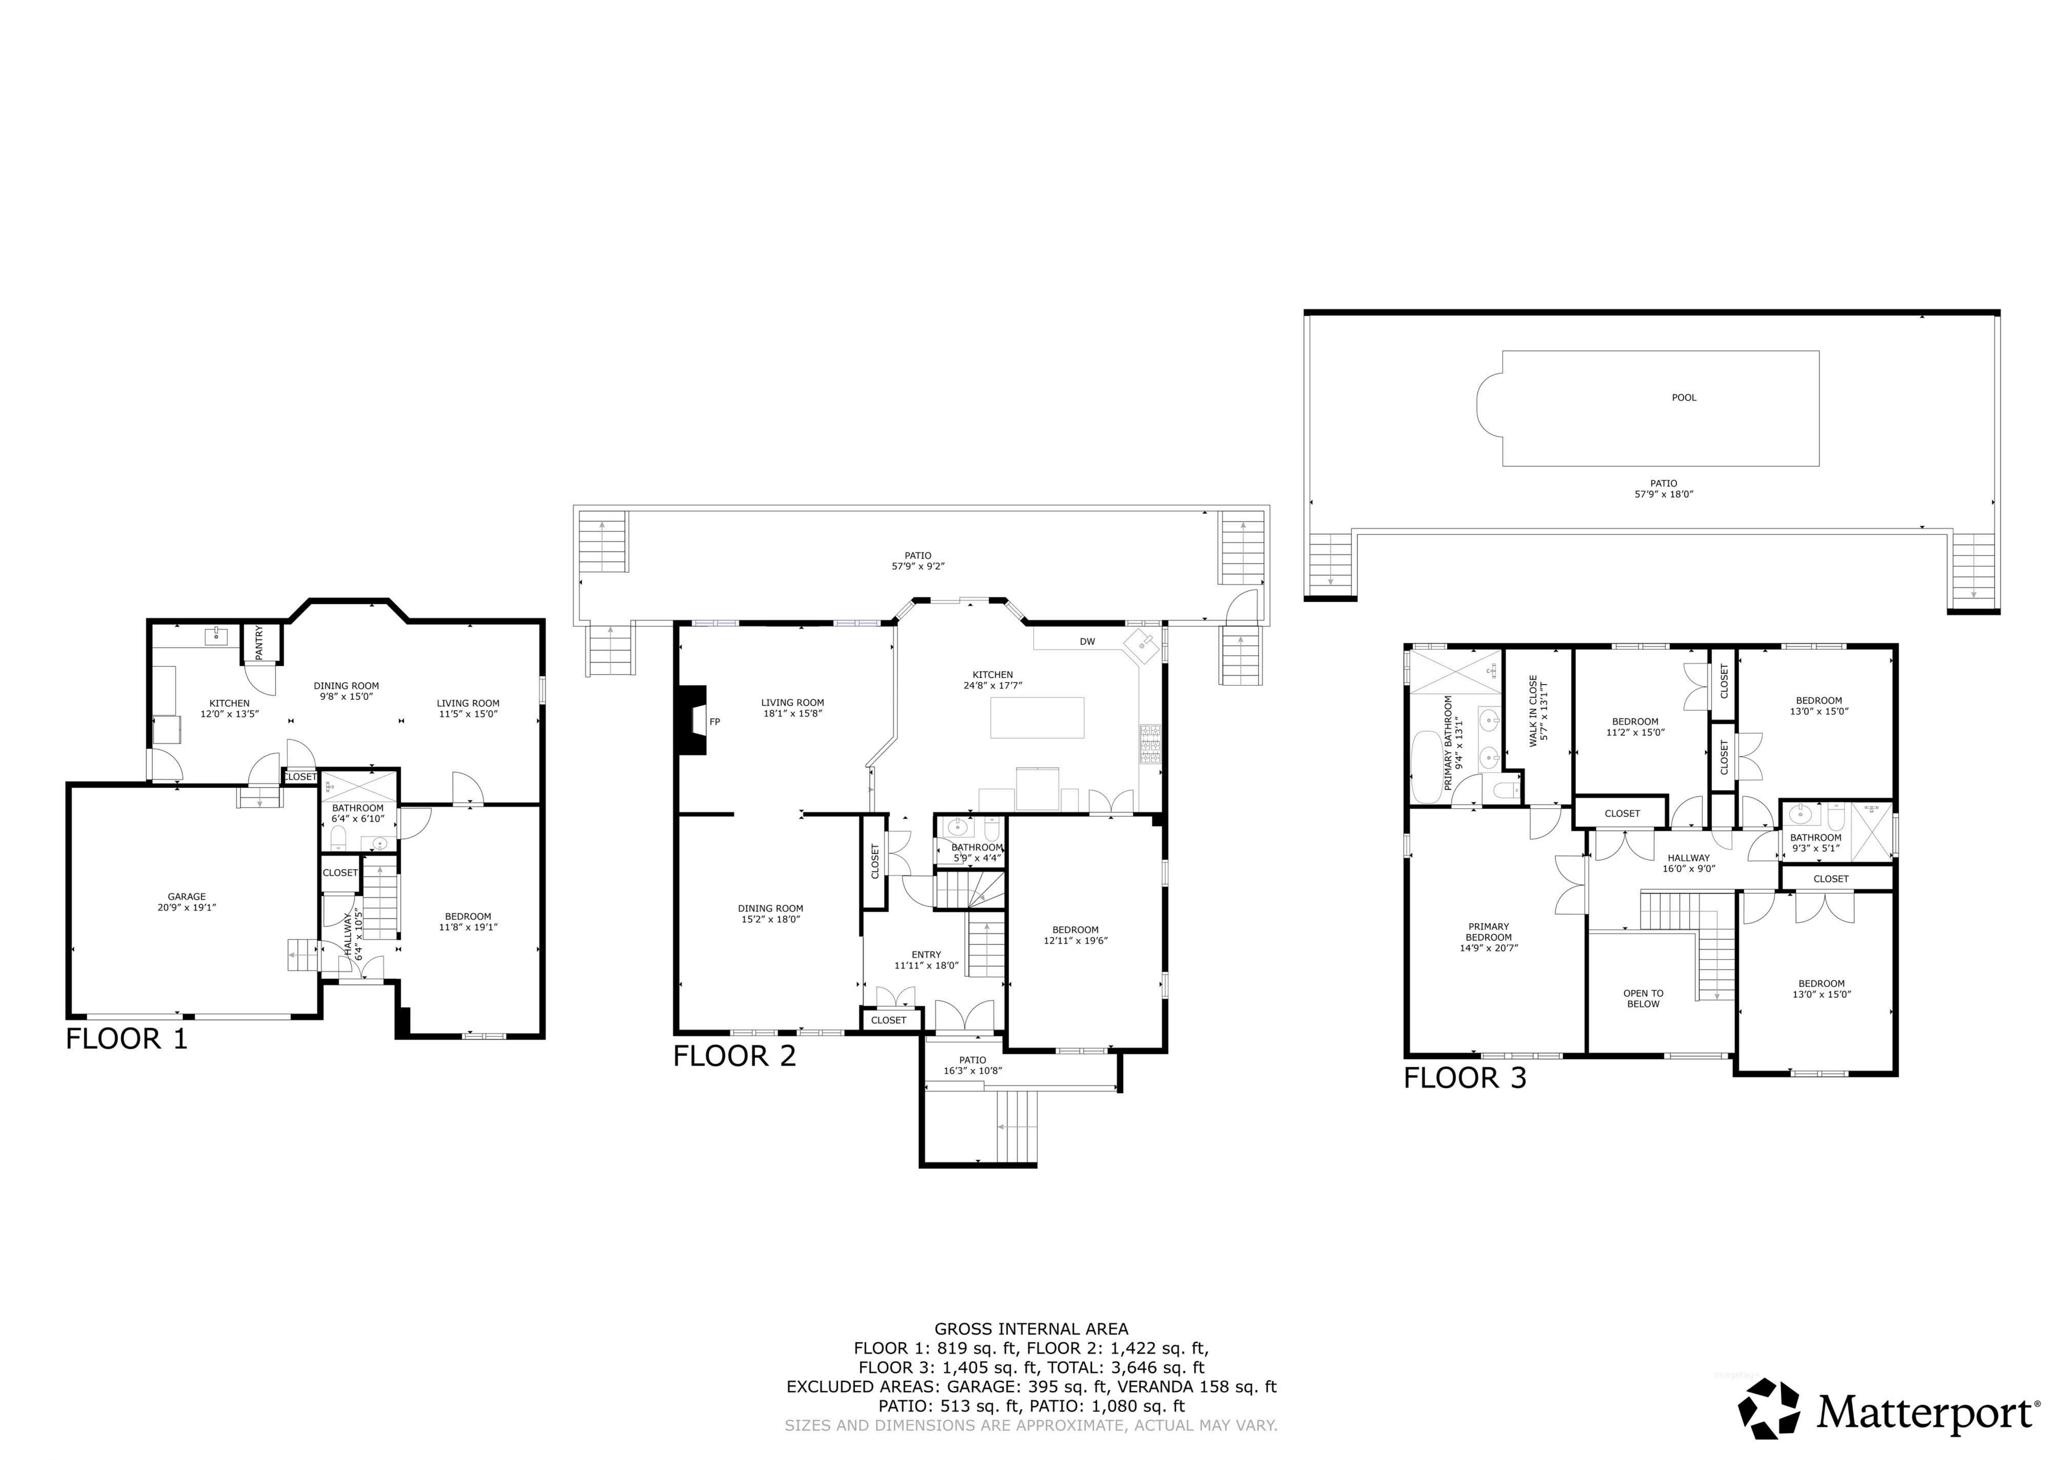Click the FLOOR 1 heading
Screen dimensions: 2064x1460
coord(127,1039)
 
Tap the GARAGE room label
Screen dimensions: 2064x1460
coord(187,896)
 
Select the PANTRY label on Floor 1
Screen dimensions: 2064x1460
coord(259,643)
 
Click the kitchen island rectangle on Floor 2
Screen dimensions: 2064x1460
coord(1037,718)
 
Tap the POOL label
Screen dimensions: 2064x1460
coord(1684,397)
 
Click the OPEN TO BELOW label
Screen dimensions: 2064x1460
coord(1643,999)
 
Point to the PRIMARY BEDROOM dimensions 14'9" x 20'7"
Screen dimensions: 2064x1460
coord(1489,947)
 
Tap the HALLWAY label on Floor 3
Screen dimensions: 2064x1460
coord(1688,858)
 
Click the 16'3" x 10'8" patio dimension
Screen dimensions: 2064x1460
coord(973,1071)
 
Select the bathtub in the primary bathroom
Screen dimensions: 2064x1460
coord(1426,767)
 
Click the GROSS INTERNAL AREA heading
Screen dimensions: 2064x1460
coord(1031,1329)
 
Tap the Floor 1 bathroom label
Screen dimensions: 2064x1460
coord(358,808)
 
